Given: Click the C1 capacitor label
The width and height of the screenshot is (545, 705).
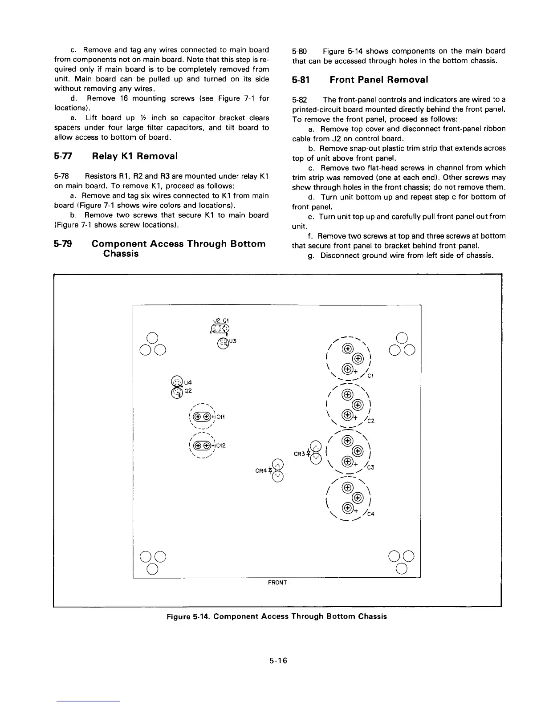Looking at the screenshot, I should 370,376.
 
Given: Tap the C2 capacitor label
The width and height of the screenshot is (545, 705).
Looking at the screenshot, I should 370,421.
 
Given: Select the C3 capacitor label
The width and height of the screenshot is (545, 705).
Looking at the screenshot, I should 370,467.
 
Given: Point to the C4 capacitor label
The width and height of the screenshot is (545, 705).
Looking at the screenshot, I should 370,514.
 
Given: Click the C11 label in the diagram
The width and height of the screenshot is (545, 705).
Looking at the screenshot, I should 221,417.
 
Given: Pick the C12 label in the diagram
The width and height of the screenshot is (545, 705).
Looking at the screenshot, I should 221,446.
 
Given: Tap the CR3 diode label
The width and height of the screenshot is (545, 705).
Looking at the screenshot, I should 299,454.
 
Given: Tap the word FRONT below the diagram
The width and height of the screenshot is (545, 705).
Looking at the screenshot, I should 277,583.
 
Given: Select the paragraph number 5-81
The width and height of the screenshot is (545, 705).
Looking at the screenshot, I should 301,80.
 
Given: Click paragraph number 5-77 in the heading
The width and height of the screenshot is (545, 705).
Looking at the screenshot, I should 63,156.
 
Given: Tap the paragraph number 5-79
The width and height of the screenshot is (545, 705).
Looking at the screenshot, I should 63,244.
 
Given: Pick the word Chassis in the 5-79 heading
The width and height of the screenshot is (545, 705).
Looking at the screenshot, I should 121,254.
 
